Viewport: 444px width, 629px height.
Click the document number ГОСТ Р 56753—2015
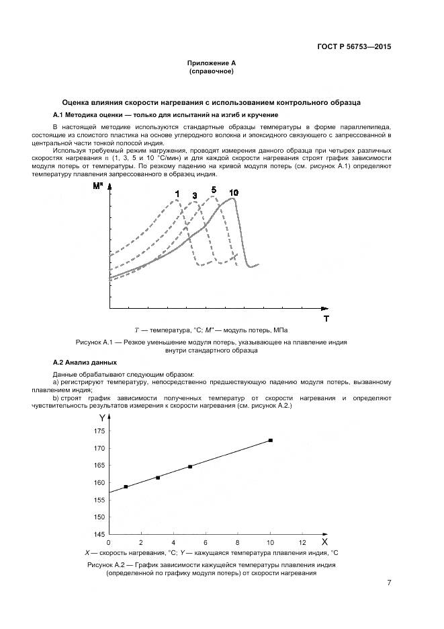click(353, 47)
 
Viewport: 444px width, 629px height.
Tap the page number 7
click(389, 582)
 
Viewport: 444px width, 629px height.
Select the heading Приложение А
click(211, 63)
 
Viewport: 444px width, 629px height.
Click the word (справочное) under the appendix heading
click(211, 71)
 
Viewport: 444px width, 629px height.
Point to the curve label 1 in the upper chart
click(177, 194)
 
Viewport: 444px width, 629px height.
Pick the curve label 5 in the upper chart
click(214, 190)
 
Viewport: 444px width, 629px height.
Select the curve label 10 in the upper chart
click(233, 193)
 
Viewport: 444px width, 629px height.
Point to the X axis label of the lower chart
click(324, 541)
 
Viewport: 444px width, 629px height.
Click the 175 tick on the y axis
click(99, 431)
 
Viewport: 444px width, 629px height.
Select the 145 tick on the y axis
click(99, 535)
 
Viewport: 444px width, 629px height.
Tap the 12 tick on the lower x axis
click(302, 542)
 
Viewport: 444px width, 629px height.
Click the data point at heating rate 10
click(270, 440)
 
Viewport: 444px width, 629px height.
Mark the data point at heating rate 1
click(126, 486)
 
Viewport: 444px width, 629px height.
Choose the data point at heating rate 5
click(190, 466)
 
